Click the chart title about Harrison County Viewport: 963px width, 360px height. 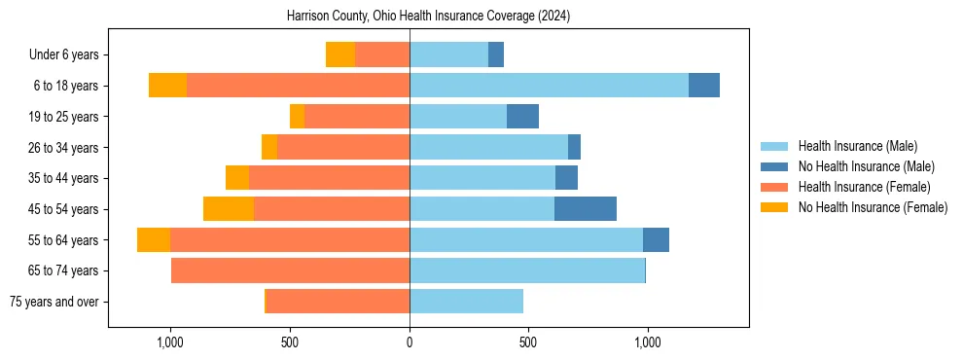click(428, 17)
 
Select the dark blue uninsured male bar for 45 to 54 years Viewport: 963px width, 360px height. click(586, 209)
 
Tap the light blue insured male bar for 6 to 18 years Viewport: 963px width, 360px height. click(549, 86)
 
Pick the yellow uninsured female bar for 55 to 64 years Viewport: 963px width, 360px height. click(154, 240)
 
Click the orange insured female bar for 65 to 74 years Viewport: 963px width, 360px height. click(290, 270)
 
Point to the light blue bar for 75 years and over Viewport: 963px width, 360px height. click(466, 302)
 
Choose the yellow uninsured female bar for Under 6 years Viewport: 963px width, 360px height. click(340, 54)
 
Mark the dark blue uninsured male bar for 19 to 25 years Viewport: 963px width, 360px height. click(522, 117)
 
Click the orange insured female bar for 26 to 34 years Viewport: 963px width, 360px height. click(343, 147)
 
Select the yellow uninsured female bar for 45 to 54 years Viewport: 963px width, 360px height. click(229, 209)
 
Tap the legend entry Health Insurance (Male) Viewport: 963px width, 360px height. click(856, 146)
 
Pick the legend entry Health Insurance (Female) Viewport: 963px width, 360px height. click(864, 187)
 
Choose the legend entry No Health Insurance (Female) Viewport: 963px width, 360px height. click(872, 207)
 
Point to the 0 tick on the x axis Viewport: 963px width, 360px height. click(410, 342)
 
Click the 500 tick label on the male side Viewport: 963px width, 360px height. click(528, 342)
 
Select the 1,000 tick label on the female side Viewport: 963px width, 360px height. click(170, 342)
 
